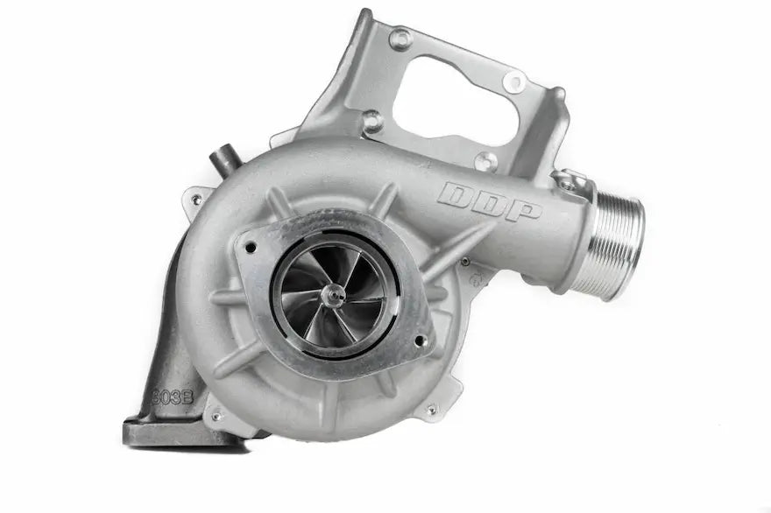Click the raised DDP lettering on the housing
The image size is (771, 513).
click(x=490, y=201)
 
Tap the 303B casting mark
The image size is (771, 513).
click(x=173, y=396)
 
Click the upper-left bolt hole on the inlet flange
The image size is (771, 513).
click(x=252, y=247)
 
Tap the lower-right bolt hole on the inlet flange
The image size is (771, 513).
click(x=421, y=341)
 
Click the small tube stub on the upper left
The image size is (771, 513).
click(x=223, y=162)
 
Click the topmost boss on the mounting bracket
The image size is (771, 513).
click(x=400, y=39)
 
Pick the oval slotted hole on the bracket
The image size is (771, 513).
click(x=514, y=81)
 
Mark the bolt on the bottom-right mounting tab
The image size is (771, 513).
click(x=430, y=409)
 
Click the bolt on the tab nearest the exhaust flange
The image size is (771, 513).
click(x=216, y=417)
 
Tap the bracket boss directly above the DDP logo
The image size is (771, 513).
click(x=485, y=160)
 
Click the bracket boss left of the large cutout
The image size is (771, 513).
click(x=372, y=120)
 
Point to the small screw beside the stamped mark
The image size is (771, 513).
click(x=464, y=262)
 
